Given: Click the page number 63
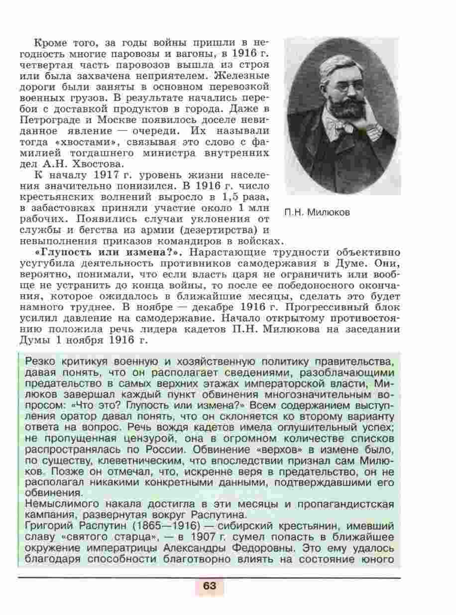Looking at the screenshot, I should tap(209, 586).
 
